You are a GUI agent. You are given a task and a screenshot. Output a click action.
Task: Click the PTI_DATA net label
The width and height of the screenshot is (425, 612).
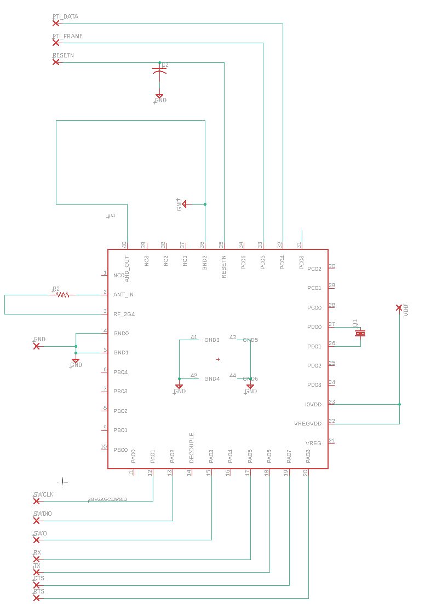tap(65, 17)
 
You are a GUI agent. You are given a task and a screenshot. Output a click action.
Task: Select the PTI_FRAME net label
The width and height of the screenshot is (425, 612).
tap(67, 37)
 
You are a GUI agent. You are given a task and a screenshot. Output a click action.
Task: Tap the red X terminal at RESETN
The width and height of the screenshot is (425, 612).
tap(55, 62)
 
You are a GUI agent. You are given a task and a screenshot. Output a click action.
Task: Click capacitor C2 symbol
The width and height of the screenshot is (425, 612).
tap(159, 71)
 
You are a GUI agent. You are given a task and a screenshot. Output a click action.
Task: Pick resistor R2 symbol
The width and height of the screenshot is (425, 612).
tap(62, 295)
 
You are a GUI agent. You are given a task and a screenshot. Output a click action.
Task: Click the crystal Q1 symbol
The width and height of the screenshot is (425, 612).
tap(360, 333)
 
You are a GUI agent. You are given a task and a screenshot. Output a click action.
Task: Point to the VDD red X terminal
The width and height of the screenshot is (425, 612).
tap(399, 308)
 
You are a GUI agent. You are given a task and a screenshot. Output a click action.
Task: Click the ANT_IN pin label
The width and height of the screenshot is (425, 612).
tap(123, 295)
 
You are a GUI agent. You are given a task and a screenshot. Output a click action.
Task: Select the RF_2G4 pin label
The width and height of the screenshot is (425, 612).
tap(124, 314)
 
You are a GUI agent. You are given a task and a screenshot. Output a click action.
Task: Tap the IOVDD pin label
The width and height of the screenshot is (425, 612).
tap(313, 405)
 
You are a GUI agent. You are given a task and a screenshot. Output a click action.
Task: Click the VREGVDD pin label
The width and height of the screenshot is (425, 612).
tap(308, 424)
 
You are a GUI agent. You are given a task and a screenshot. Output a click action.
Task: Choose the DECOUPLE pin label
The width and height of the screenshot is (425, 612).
tap(192, 448)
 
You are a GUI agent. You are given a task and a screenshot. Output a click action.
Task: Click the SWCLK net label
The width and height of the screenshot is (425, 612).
tap(43, 494)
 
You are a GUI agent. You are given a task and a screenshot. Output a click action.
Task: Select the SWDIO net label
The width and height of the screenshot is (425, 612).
tap(43, 514)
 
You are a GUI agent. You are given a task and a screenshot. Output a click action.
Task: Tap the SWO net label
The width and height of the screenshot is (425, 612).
tap(40, 533)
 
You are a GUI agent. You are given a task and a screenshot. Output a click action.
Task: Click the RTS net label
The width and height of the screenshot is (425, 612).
tap(39, 592)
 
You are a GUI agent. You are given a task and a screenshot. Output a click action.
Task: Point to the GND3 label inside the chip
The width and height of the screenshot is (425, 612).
tap(211, 340)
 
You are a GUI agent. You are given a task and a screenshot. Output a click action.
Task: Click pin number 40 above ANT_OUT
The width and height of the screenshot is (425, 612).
tap(124, 245)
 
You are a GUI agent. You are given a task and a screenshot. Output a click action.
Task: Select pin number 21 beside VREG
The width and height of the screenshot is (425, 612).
tap(332, 441)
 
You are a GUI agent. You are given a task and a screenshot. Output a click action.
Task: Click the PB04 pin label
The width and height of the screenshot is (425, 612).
tap(120, 372)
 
